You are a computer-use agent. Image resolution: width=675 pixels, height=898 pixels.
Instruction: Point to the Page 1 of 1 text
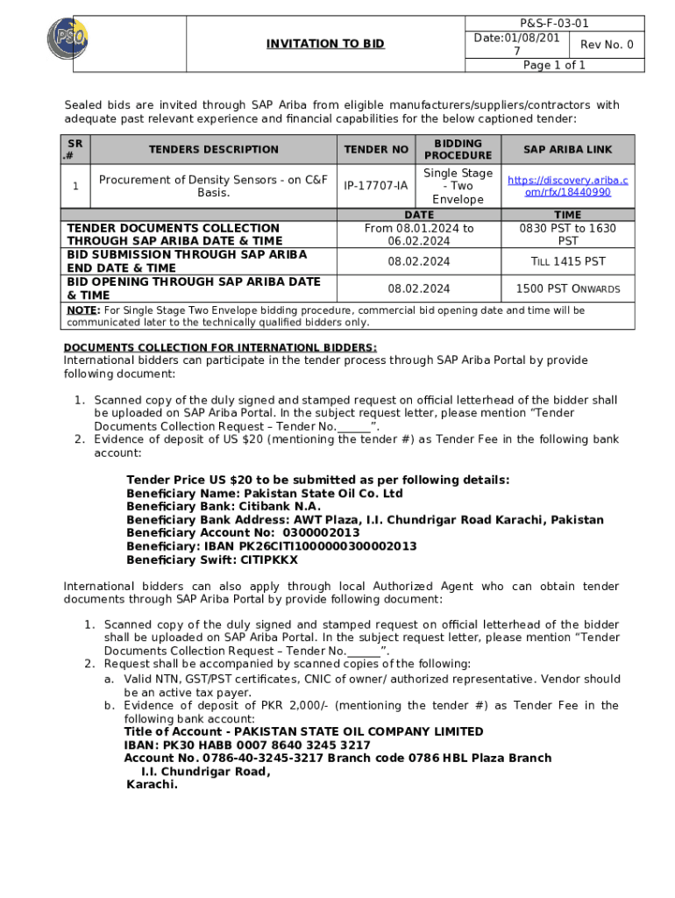click(x=554, y=66)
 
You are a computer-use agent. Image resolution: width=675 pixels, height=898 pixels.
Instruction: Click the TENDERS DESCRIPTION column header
click(x=213, y=150)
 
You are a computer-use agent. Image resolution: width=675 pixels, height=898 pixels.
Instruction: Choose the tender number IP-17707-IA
click(x=375, y=186)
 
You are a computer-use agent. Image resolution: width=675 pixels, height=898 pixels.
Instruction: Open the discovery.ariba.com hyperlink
click(x=567, y=186)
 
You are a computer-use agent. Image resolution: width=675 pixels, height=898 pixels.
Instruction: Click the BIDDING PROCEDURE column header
click(x=458, y=149)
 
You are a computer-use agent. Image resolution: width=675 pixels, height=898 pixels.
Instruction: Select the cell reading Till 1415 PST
click(x=567, y=261)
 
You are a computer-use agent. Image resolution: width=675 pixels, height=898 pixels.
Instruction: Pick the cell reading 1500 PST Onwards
click(x=567, y=289)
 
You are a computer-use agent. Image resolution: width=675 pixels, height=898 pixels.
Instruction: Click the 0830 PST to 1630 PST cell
click(x=567, y=234)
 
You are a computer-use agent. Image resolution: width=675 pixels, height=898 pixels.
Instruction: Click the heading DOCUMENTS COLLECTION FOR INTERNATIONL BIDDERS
click(x=220, y=347)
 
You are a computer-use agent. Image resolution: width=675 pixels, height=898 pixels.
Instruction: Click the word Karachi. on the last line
click(x=152, y=785)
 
